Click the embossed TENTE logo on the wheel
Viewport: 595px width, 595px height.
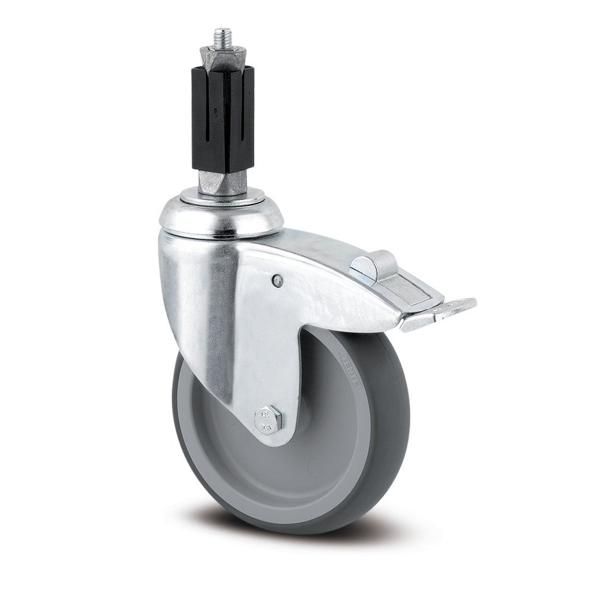click(x=350, y=369)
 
